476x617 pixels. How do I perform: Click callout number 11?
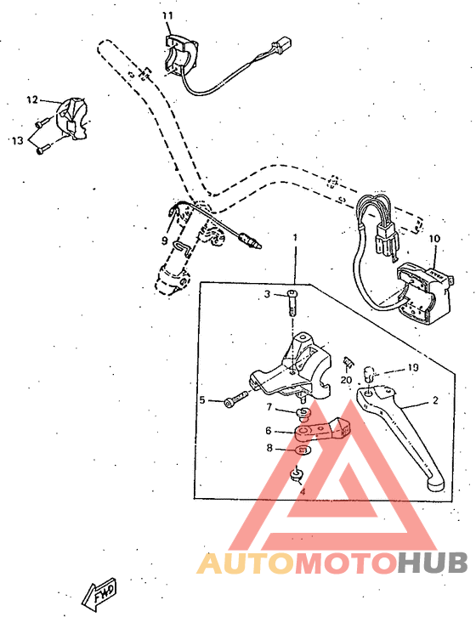click(x=167, y=16)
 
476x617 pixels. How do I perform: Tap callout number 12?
click(x=32, y=99)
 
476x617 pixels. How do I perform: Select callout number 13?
click(x=17, y=139)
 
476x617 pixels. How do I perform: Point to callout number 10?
click(x=435, y=240)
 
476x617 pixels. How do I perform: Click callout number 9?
click(x=165, y=241)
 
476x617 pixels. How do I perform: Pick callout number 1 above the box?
click(x=295, y=237)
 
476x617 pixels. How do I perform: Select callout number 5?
click(x=202, y=399)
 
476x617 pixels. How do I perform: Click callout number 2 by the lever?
click(x=434, y=399)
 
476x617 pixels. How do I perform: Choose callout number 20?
click(x=346, y=380)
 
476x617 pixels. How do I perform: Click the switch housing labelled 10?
click(x=422, y=292)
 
